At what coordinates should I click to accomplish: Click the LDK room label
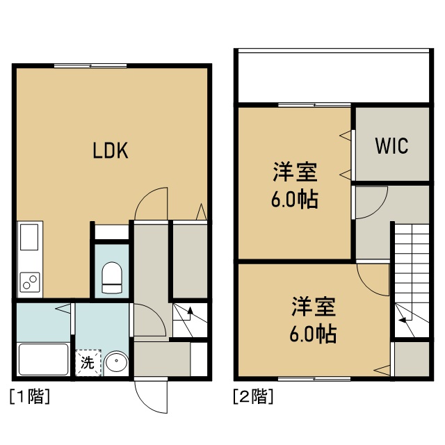click(111, 151)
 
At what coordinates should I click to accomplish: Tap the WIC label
click(391, 146)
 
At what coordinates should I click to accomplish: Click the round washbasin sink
click(116, 363)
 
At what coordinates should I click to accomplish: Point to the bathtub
click(42, 359)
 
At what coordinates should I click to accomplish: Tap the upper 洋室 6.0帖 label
click(295, 186)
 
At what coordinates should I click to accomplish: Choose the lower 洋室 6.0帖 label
click(313, 320)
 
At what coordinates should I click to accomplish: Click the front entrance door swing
click(151, 397)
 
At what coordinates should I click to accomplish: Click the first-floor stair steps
click(188, 320)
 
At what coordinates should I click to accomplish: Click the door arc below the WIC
click(371, 202)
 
